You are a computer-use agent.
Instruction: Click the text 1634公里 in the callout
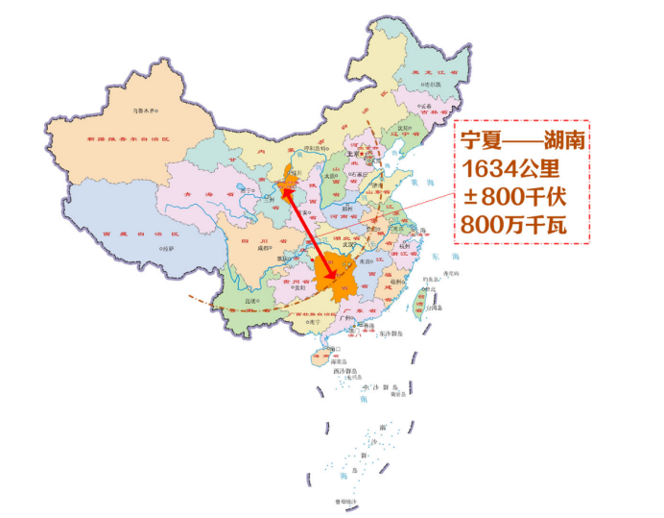click(x=510, y=169)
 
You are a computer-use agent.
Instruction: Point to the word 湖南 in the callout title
click(x=562, y=141)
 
